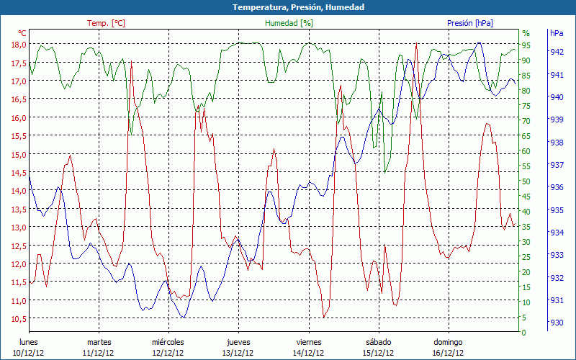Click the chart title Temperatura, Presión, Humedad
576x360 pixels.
pos(288,7)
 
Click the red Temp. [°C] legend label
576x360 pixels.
pos(106,23)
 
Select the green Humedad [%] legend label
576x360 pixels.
pos(289,23)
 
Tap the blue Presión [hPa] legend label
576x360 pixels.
pos(470,23)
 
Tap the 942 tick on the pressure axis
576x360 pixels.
pos(557,52)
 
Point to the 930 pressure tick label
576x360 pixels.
pos(557,323)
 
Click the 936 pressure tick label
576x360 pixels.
pos(557,187)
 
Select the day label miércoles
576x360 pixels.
pos(168,342)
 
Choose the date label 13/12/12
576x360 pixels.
pos(238,353)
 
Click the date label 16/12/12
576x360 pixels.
pos(448,353)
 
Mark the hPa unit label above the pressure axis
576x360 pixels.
pos(557,33)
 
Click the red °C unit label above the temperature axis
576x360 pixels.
pos(22,33)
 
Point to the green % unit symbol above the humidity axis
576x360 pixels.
pos(526,33)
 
